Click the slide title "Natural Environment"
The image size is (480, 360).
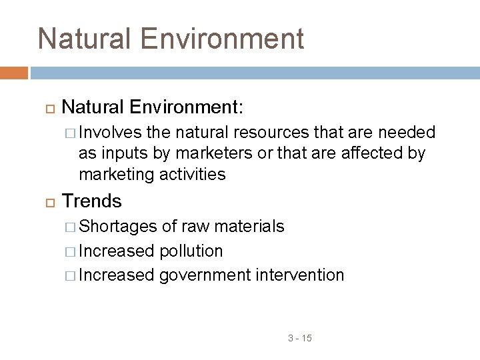coord(171,39)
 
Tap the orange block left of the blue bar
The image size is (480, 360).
coord(14,73)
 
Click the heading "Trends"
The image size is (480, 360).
coord(91,201)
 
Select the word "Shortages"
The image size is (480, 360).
coord(117,227)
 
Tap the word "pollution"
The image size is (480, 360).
coord(191,251)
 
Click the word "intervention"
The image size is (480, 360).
coord(300,275)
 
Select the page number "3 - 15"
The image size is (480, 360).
coord(300,339)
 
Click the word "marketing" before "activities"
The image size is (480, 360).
coord(117,175)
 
